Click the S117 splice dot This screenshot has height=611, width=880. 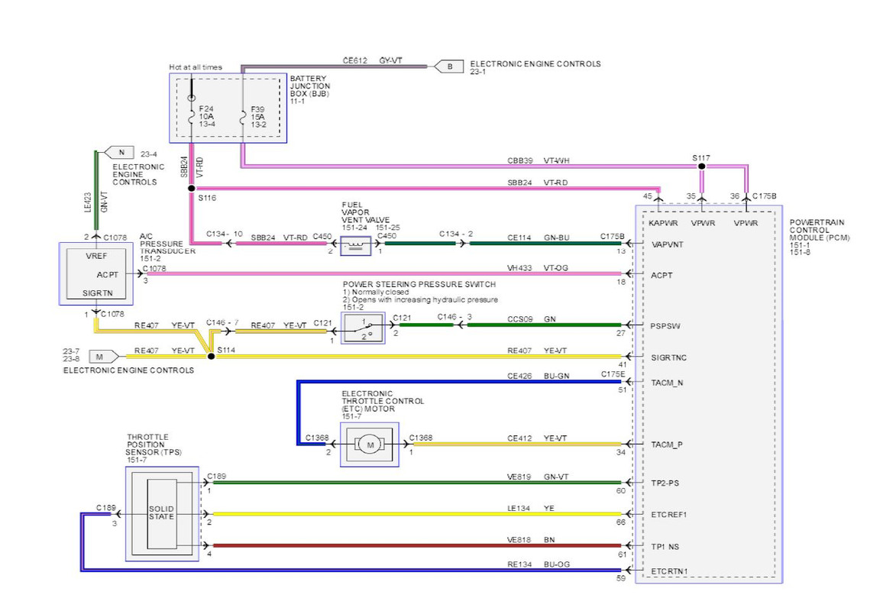pos(701,166)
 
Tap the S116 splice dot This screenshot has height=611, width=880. pos(192,189)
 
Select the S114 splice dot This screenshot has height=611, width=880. pos(211,356)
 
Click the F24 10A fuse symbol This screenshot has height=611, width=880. pos(192,118)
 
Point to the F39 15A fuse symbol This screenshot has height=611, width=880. pos(243,118)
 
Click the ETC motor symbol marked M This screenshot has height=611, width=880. pos(370,445)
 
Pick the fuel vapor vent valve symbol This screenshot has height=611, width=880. pos(356,245)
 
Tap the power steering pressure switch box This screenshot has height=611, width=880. pos(363,328)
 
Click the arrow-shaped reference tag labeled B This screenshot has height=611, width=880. pos(448,66)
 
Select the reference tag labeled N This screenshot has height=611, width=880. pos(119,152)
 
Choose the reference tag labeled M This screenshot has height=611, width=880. pos(103,356)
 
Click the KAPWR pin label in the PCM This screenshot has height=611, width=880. pos(663,223)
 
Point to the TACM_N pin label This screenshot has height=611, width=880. pos(667,383)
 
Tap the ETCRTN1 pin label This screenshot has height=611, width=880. pos(669,571)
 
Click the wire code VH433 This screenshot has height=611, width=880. pos(519,268)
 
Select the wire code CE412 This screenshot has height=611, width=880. pos(519,438)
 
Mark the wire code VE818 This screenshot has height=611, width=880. pos(519,540)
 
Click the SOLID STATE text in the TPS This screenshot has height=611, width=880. pos(161,512)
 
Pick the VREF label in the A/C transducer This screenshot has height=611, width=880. pos(96,256)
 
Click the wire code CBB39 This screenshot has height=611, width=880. pos(519,160)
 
